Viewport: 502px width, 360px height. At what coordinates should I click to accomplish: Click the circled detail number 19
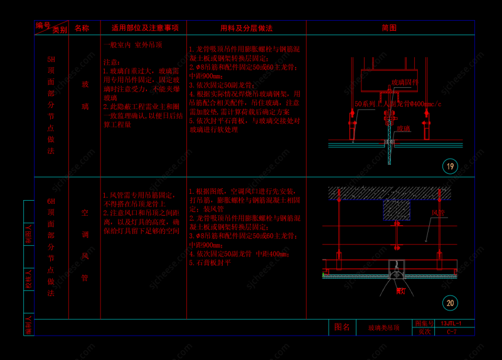tap(450, 166)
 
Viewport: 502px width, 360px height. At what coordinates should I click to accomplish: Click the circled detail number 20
tap(450, 303)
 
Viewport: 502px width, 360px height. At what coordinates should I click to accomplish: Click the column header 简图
tap(389, 28)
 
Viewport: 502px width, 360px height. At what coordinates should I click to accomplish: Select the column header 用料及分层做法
tap(246, 28)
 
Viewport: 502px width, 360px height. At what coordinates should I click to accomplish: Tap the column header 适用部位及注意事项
tap(144, 28)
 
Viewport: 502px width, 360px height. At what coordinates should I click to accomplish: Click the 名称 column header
tap(82, 28)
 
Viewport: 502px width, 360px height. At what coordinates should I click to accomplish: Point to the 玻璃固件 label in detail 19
tap(405, 82)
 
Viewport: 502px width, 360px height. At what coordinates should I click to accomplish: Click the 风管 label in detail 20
tap(437, 213)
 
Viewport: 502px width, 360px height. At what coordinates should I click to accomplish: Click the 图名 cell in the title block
tap(342, 327)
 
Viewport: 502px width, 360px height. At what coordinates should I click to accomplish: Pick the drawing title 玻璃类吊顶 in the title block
tap(383, 327)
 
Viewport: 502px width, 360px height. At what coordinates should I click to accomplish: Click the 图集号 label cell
tap(422, 323)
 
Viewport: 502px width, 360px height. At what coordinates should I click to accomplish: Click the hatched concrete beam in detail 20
tap(397, 210)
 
